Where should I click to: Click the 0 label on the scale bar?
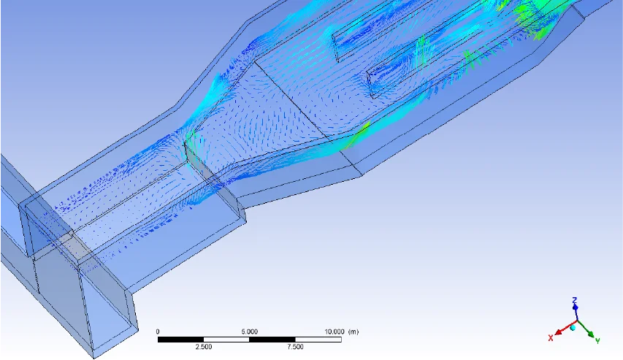pos(158,332)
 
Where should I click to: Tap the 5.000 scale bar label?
pos(249,332)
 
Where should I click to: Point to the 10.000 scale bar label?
pos(335,332)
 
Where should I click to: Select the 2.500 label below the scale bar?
pos(204,347)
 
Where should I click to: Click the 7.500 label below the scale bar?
pos(295,347)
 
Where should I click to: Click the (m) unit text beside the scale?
pos(353,332)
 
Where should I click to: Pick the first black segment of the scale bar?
pos(181,340)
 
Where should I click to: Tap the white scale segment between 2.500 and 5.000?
pos(226,340)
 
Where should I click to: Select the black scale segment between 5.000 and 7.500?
pos(272,340)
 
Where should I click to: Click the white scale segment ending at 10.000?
pos(318,340)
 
